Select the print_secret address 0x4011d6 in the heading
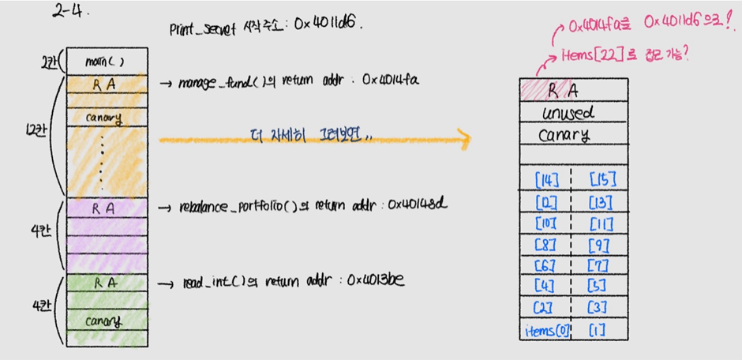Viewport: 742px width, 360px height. pos(324,24)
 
